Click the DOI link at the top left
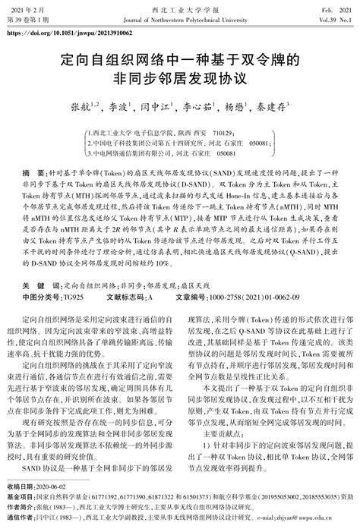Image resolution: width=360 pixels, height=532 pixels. pyautogui.click(x=68, y=33)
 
